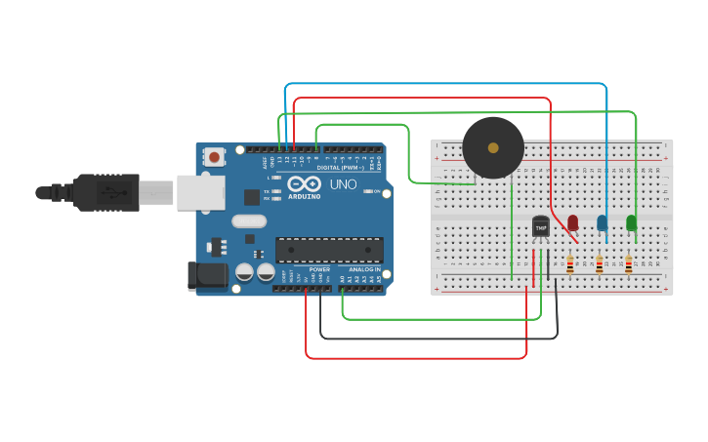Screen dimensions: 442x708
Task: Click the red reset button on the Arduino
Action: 214,156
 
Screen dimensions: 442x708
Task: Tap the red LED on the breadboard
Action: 572,222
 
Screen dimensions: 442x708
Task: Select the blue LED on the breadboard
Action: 602,222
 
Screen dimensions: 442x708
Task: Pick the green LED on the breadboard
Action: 631,222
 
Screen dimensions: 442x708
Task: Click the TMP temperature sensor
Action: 540,226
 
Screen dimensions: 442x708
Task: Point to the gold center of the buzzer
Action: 492,148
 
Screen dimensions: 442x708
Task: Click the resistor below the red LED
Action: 569,263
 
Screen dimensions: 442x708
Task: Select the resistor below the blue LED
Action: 599,263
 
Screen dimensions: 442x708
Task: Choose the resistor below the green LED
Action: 628,263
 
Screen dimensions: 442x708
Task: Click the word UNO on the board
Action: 343,184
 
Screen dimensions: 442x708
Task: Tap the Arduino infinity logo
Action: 304,184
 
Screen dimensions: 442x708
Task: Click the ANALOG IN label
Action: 364,268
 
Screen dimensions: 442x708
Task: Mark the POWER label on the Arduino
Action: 319,268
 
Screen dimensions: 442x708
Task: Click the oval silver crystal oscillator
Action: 248,221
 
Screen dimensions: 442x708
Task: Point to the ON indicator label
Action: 376,191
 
